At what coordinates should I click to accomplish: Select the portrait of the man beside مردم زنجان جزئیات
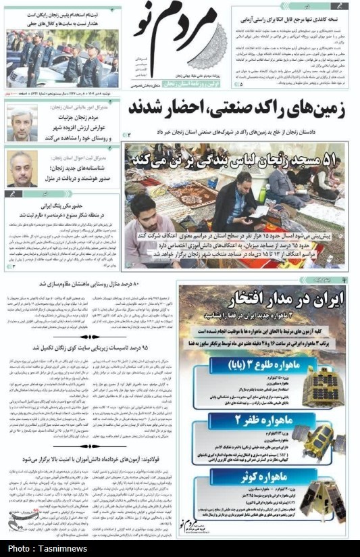tap(23, 122)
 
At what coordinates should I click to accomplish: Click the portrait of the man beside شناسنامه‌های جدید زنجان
tap(23, 168)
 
